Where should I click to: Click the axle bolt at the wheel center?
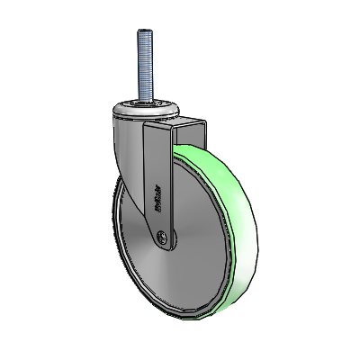coord(162,237)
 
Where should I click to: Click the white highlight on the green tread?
coord(236,270)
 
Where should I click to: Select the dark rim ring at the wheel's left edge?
coord(118,225)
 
